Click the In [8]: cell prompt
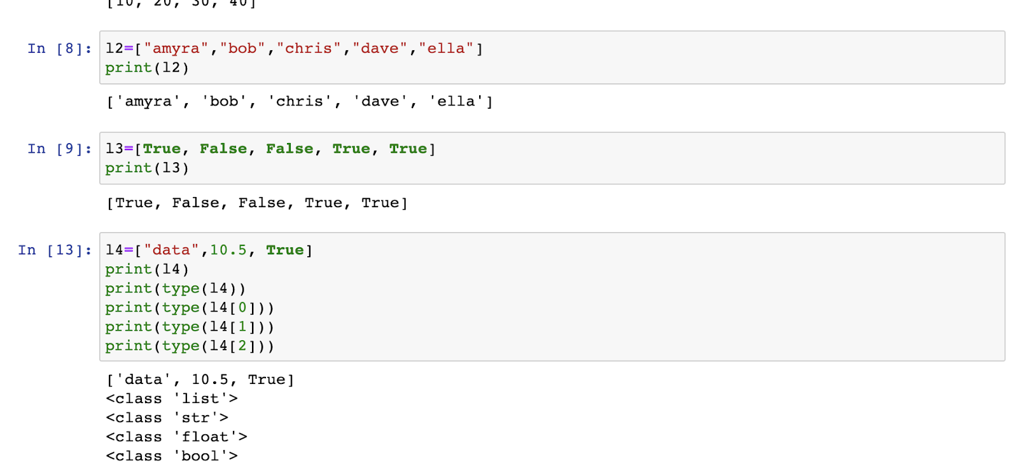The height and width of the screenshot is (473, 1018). [59, 49]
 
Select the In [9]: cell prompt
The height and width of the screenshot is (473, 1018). [59, 149]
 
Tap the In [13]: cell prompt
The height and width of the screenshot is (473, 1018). [55, 250]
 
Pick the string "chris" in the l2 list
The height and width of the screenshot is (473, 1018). [309, 49]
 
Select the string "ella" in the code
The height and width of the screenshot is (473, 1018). [446, 49]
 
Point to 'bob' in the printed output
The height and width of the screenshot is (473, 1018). [225, 102]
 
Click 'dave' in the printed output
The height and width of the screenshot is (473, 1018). [380, 102]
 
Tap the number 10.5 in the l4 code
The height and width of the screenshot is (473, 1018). [228, 250]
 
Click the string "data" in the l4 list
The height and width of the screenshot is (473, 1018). [171, 250]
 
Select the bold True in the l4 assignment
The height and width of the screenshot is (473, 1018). [285, 250]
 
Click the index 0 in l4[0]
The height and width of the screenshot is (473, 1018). [242, 308]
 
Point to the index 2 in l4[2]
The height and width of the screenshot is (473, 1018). [242, 346]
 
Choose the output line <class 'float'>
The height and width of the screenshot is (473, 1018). [176, 437]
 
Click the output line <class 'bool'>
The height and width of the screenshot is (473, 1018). [172, 456]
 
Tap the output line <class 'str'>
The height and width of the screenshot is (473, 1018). [167, 418]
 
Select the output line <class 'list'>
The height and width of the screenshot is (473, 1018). [172, 399]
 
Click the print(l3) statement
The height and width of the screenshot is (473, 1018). [147, 168]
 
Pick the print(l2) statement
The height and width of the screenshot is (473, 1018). [147, 68]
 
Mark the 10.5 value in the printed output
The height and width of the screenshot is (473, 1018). [210, 380]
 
